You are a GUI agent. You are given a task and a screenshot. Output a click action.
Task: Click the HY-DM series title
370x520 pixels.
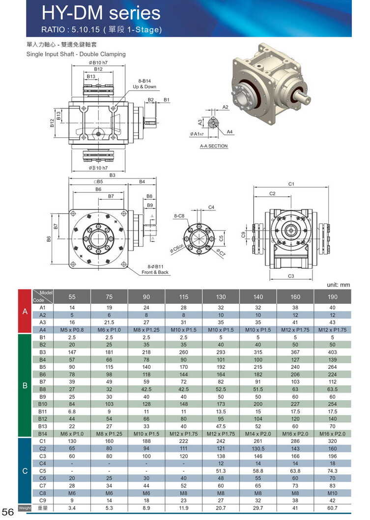[x=101, y=13]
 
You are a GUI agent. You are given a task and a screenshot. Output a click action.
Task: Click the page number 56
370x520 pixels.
[x=9, y=512]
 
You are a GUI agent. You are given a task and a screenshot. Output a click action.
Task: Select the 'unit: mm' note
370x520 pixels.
[x=338, y=285]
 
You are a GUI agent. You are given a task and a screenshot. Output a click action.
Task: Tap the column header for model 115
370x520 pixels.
[x=183, y=296]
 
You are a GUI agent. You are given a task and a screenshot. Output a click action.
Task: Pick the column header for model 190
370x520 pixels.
[x=333, y=296]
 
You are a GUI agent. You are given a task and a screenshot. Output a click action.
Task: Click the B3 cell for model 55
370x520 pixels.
[x=72, y=352]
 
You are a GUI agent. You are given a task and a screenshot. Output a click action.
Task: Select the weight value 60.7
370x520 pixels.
[x=333, y=508]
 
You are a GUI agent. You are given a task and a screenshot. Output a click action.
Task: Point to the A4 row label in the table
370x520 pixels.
[x=42, y=330]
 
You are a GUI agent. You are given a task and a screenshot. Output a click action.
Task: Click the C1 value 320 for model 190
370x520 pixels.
[x=333, y=441]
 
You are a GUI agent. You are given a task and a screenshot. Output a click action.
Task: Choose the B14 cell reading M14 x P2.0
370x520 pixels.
[x=258, y=434]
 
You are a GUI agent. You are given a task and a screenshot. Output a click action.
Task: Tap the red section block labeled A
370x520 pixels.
[x=25, y=312]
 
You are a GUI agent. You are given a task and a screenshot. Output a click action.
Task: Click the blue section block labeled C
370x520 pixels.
[x=25, y=471]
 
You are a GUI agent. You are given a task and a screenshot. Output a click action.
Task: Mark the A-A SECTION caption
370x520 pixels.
[x=214, y=146]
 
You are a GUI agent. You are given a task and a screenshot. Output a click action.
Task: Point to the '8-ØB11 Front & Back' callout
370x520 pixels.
[x=155, y=269]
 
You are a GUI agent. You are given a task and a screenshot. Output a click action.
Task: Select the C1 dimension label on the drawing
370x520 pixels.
[x=291, y=183]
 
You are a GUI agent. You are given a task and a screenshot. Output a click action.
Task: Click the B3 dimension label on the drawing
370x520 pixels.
[x=112, y=175]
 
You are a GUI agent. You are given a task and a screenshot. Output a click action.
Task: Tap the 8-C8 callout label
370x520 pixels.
[x=179, y=216]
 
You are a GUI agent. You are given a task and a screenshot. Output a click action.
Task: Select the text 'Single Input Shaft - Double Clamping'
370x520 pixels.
[x=76, y=54]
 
